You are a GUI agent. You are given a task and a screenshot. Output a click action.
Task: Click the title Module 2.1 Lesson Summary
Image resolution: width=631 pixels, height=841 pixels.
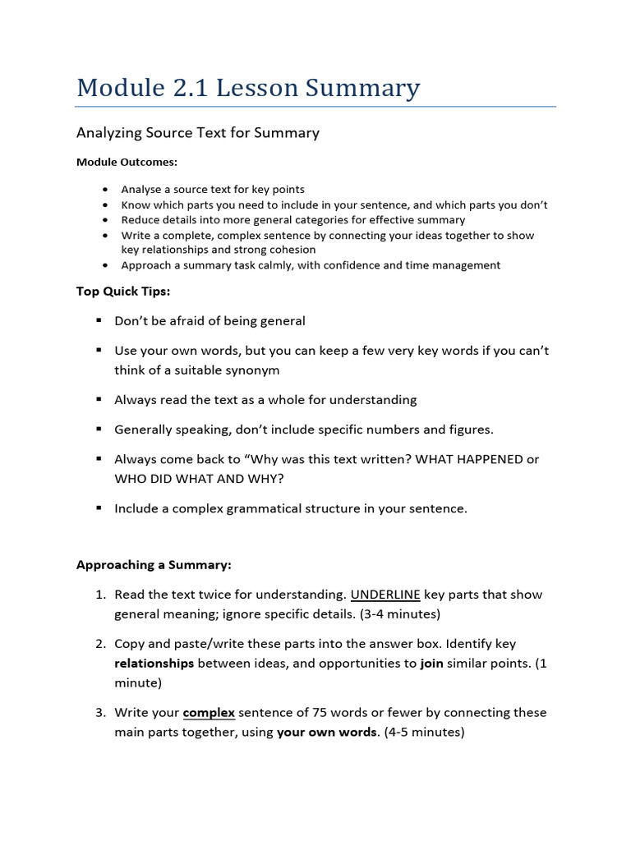coord(247,87)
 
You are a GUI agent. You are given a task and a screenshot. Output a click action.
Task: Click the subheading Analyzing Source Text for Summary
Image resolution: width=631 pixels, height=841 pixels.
coord(197,132)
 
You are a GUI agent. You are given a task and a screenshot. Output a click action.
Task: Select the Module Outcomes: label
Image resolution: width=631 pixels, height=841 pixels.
coord(127,162)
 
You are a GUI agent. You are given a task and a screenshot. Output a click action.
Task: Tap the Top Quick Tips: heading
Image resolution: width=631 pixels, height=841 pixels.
coord(123,291)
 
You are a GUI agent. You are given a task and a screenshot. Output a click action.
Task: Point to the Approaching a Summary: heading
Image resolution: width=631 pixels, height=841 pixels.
coord(154,565)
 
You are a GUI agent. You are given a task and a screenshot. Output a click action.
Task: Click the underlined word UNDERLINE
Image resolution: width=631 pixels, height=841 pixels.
coord(385,595)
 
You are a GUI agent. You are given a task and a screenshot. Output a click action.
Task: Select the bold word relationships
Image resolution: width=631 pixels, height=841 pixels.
coord(154,663)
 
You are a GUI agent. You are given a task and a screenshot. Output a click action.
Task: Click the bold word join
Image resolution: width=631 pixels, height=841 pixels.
coord(431,663)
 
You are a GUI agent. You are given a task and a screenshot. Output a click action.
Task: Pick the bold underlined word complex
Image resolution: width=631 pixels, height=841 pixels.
coord(209,712)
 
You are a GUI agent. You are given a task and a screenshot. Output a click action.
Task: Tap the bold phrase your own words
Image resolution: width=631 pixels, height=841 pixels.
coord(326,732)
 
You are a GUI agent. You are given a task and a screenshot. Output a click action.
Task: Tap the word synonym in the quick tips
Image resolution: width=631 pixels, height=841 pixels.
coord(249,370)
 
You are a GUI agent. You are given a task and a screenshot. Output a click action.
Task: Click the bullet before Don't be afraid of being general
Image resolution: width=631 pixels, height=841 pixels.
coord(98,320)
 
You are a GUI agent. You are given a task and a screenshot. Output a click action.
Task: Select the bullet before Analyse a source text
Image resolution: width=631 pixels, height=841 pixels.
coord(106,190)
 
